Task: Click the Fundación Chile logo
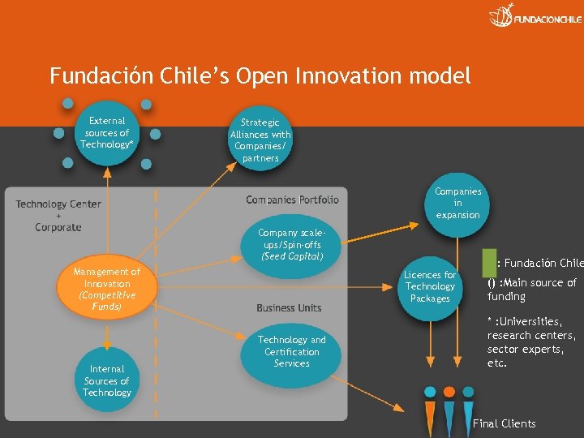point(535,16)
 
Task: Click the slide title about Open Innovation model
point(260,76)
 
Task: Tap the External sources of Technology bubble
point(107,133)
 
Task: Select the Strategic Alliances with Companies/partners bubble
point(260,140)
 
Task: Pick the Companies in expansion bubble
point(457,204)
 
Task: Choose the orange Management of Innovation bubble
point(106,289)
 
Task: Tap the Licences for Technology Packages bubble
point(430,286)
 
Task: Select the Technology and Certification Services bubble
point(291,352)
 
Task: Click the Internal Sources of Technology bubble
point(106,380)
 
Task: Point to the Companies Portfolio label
point(292,200)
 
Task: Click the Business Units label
point(289,308)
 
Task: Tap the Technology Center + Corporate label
point(58,216)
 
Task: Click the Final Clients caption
point(504,423)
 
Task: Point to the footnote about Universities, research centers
point(531,342)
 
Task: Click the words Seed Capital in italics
point(292,257)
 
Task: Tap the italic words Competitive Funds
point(107,301)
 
